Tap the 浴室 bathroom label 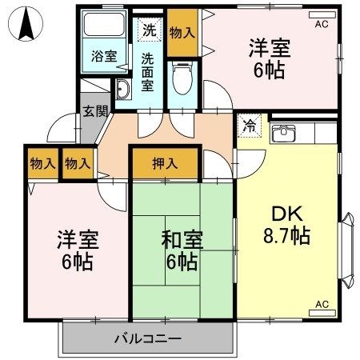103,57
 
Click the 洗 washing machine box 150,31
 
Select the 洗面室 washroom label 149,71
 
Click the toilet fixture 183,78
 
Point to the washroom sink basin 124,89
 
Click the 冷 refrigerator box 250,126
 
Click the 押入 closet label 166,163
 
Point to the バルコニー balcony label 146,338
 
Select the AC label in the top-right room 322,25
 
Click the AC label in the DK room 322,304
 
